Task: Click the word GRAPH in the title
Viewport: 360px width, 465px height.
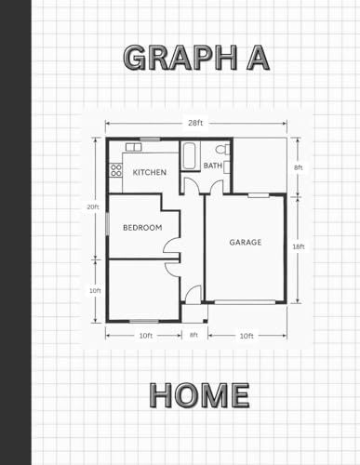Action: pos(180,59)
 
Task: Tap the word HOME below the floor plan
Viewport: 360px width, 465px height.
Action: pos(200,395)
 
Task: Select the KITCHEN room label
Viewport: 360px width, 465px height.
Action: pos(150,172)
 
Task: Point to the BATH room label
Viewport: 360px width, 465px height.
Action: pos(213,166)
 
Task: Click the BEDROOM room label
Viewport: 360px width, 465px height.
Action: pos(142,228)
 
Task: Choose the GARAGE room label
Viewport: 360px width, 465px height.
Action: pos(246,242)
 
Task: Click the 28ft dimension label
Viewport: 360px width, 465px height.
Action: pos(195,123)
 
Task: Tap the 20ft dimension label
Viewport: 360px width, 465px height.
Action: pos(93,207)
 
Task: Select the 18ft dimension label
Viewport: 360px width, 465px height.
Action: pos(299,246)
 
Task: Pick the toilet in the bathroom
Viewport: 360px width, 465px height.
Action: pos(223,149)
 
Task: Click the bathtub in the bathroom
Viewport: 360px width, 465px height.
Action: pos(189,155)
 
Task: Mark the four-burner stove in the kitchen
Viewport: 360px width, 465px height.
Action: pos(116,170)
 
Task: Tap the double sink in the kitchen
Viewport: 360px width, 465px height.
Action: pos(134,147)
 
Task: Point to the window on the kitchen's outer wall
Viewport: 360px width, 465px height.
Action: pos(150,139)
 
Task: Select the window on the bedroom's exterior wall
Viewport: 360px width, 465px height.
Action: pos(107,223)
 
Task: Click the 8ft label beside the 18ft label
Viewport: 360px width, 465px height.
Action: pos(299,167)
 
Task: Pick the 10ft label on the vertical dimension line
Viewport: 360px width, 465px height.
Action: pos(95,291)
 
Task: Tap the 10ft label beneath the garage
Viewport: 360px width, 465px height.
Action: pos(247,336)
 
